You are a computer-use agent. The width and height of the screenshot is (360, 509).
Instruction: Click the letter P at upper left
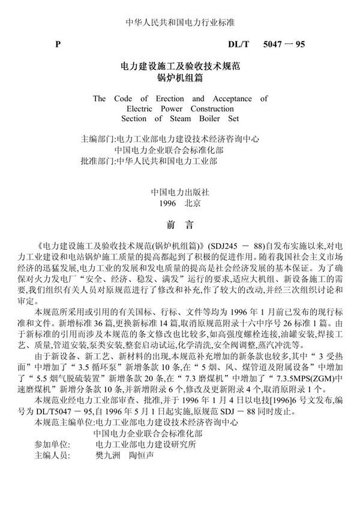tap(58, 44)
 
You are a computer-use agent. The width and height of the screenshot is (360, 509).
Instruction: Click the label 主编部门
tap(98, 138)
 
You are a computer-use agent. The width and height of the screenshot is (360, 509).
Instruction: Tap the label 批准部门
tap(98, 161)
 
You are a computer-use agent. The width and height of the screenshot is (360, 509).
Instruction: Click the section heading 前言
tap(180, 226)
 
